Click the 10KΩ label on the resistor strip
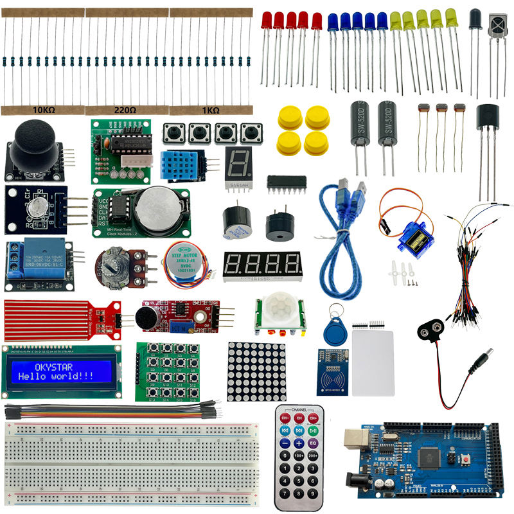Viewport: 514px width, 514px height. coord(44,110)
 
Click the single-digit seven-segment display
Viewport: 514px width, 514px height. coord(237,164)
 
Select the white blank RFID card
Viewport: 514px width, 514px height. coord(373,363)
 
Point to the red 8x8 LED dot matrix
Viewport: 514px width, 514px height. coord(256,371)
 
